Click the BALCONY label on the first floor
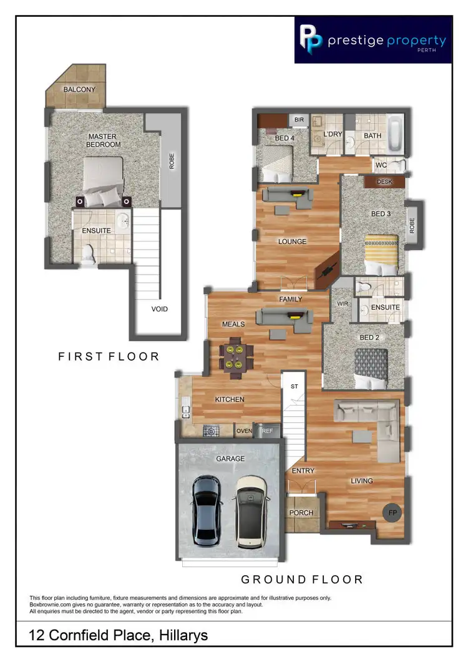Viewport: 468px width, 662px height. point(79,89)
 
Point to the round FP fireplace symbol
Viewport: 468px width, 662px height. point(392,513)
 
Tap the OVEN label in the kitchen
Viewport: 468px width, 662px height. point(243,431)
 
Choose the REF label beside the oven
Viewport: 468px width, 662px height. point(268,431)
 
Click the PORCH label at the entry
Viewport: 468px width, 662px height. point(301,513)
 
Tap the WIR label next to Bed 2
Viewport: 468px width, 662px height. point(343,304)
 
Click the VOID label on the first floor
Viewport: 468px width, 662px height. point(160,309)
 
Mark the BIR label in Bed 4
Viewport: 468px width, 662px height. point(299,120)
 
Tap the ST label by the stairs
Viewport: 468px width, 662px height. point(293,387)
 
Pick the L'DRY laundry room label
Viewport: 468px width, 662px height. point(331,134)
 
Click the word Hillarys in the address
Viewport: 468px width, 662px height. point(177,636)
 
